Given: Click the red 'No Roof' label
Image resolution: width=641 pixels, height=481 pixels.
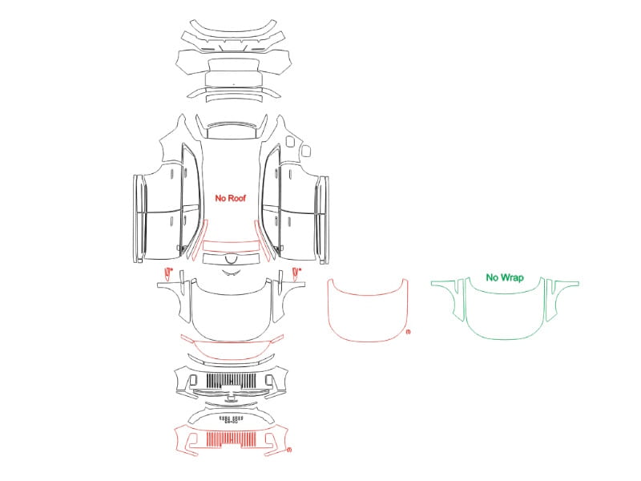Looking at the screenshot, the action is coord(231,198).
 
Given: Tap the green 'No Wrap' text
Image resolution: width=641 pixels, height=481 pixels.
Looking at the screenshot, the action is coord(505,277).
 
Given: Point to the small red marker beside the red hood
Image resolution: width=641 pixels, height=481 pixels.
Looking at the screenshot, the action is coord(408,332).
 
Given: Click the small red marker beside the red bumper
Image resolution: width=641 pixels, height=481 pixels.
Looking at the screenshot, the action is coord(289,451).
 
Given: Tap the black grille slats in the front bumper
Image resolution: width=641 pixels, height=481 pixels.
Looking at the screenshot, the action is coord(232,380).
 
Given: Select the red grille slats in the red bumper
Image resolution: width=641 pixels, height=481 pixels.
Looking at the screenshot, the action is coord(232,439).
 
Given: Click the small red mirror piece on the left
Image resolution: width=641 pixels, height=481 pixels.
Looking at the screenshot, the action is coord(167,273).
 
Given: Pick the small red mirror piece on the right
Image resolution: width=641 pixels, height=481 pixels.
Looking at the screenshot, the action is coord(296,273).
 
